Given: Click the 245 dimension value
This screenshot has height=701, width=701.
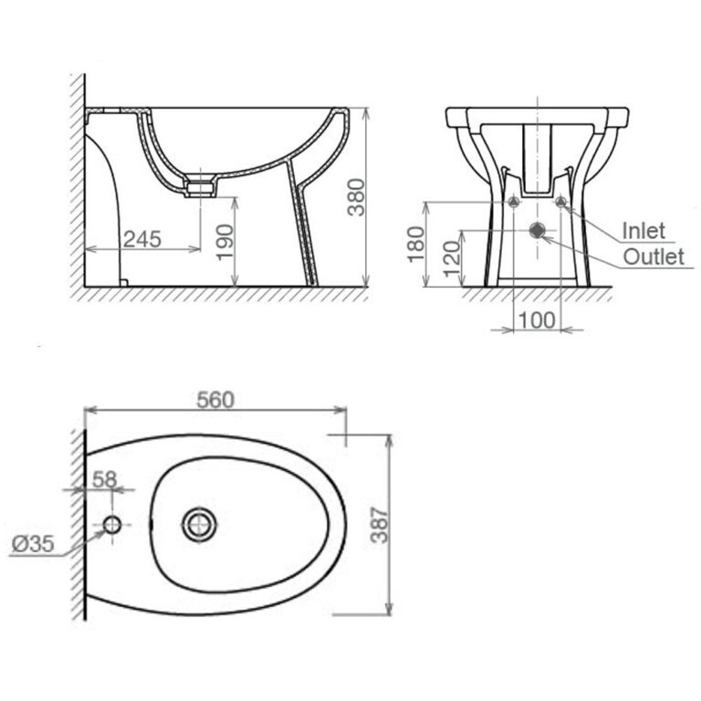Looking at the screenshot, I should coord(142,239).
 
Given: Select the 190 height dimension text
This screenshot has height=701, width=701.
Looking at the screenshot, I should coord(225,241).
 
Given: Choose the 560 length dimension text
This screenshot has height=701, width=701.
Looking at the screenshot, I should coord(214,400).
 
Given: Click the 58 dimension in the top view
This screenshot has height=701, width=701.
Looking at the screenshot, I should coord(106,477).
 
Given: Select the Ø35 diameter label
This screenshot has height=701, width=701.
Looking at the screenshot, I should coord(32,544).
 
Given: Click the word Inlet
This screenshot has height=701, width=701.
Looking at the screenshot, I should coord(643,231).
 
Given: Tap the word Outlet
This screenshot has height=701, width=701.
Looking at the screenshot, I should coord(653,256).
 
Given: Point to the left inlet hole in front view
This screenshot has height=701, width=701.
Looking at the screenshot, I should coord(514,202).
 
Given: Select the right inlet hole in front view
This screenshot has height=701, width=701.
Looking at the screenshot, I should coord(560,202).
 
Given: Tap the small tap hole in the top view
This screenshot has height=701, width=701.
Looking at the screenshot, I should coord(112,525).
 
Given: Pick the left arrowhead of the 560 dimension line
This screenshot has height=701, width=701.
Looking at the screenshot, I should coord(89,411).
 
